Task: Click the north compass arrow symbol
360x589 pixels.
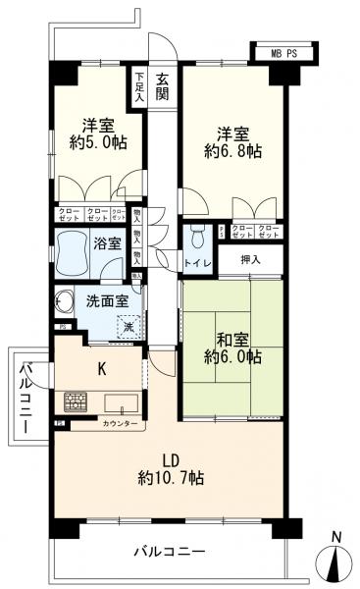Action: (336, 564)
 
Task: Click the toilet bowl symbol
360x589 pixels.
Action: (196, 239)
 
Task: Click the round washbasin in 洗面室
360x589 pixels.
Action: (66, 301)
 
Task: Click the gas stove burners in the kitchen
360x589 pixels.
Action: (77, 402)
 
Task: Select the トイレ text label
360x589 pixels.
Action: (197, 262)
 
